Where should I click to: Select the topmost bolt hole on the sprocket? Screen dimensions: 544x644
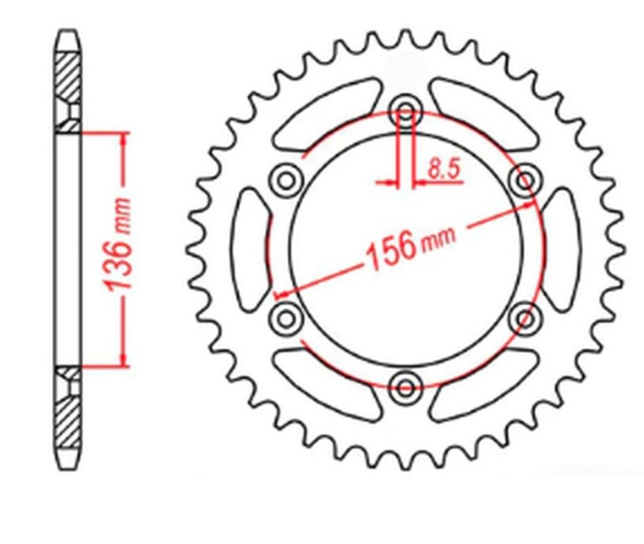point(406,111)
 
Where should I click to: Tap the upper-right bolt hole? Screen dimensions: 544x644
point(526,179)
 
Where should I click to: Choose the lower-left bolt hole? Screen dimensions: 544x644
point(286,318)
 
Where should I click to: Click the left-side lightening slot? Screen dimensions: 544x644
point(251,247)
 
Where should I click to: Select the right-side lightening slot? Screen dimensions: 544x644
point(560,247)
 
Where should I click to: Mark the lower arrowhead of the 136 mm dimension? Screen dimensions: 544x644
point(122,358)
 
